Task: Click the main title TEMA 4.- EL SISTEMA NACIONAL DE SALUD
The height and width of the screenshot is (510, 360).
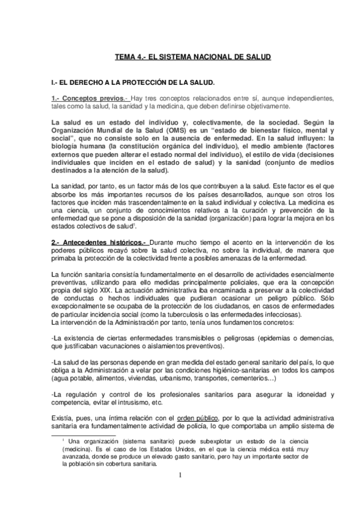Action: tap(192, 57)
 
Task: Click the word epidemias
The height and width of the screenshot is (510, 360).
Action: tap(269, 340)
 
